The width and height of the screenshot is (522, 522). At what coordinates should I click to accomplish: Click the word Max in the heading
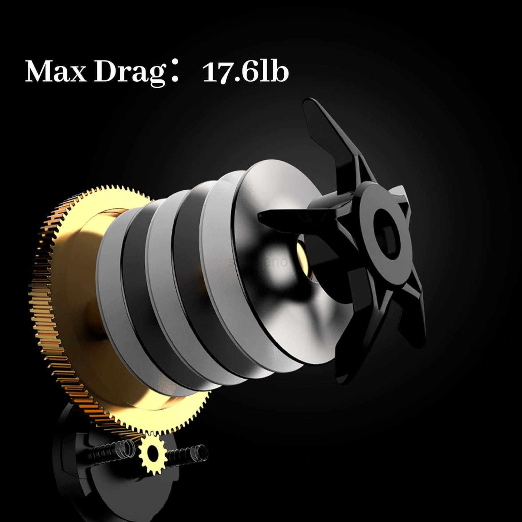click(x=56, y=72)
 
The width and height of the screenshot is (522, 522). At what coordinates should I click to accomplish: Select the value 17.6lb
click(x=245, y=72)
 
